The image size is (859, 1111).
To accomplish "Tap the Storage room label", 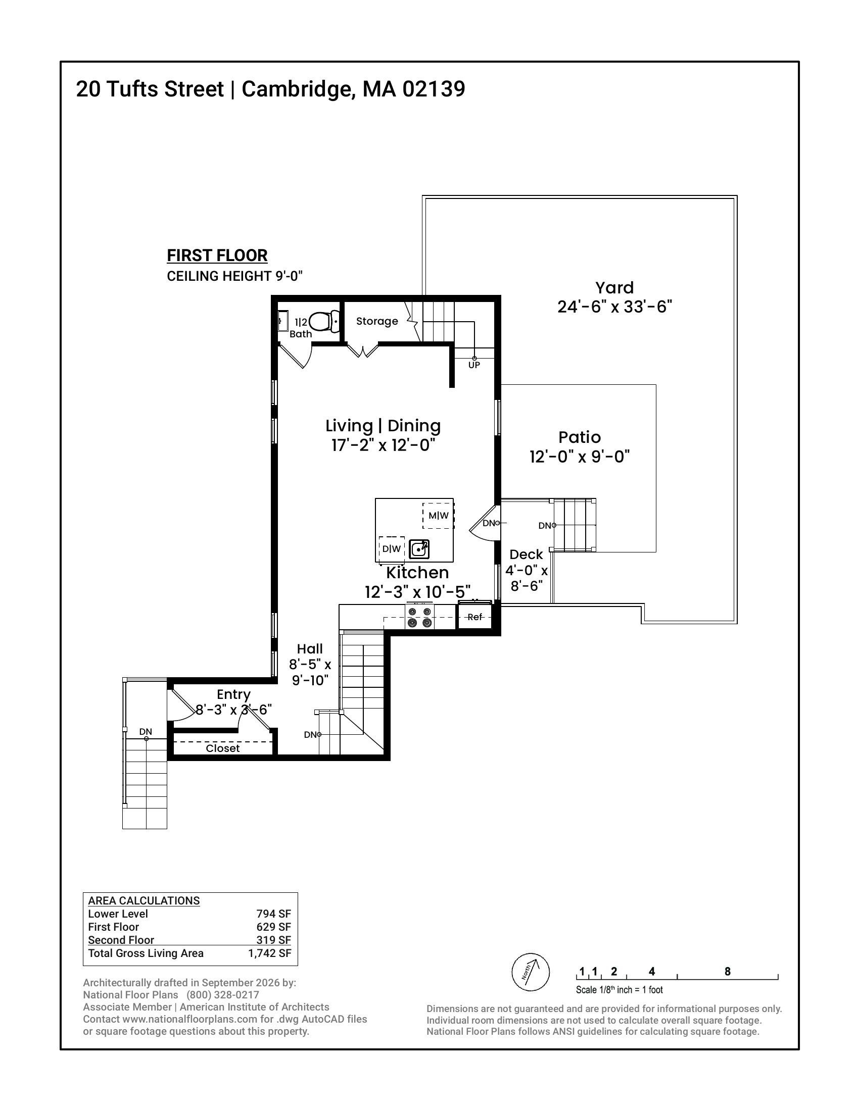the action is click(377, 321).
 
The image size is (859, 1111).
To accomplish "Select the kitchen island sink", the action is click(419, 549).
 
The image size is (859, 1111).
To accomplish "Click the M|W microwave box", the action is click(439, 515).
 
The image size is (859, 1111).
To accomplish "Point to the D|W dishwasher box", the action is click(391, 549).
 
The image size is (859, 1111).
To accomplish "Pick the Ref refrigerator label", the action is click(475, 617).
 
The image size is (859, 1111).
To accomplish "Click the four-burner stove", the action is click(420, 617).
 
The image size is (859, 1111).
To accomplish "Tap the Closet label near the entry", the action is click(223, 748).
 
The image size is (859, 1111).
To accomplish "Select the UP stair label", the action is click(474, 365).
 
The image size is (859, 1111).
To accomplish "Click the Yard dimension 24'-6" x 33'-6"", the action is click(615, 307).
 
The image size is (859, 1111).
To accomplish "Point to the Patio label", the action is click(580, 437).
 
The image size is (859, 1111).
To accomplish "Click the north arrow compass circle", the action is click(530, 972).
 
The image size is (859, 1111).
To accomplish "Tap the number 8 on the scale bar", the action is click(727, 971).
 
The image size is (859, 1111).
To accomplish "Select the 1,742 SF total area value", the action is click(270, 953).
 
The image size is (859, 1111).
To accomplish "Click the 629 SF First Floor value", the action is click(274, 927).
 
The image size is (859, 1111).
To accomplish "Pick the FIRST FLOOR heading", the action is click(217, 256).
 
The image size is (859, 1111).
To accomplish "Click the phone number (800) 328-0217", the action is click(223, 995).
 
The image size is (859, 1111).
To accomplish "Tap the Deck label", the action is click(526, 554).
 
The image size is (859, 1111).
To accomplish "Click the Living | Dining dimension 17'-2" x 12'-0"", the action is click(383, 445).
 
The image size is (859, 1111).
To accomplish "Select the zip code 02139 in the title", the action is click(434, 89).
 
